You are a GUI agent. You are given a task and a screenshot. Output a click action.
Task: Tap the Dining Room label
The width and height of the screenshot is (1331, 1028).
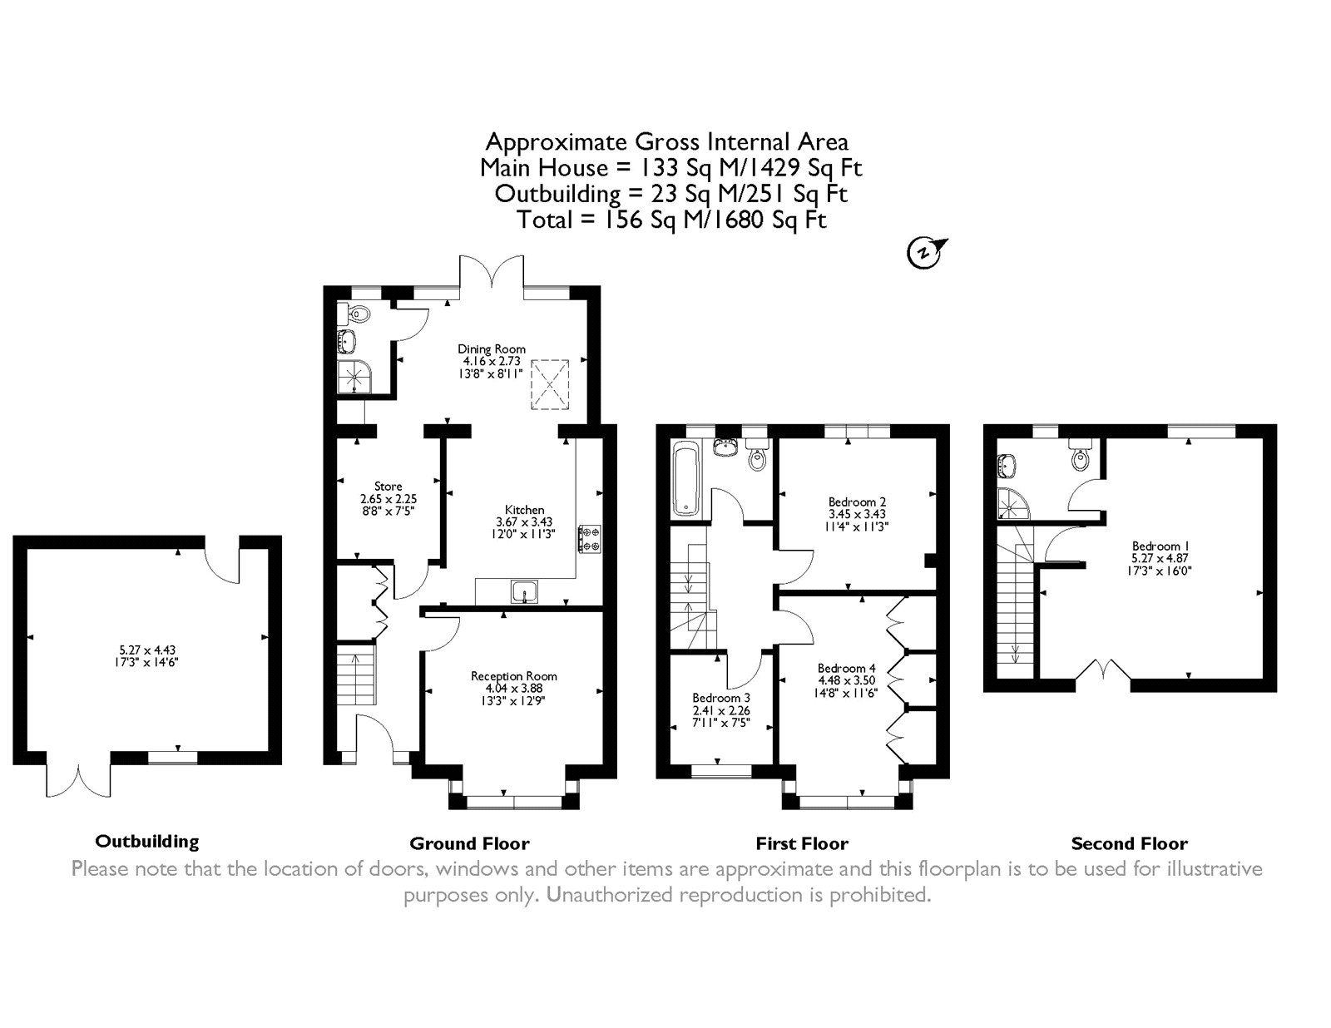click(492, 349)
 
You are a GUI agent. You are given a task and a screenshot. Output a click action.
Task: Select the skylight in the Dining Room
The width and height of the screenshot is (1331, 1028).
click(549, 384)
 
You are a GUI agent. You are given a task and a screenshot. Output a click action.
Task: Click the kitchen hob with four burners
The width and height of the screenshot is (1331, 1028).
click(589, 539)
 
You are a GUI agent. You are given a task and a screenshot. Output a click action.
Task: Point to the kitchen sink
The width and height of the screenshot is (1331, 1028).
click(524, 591)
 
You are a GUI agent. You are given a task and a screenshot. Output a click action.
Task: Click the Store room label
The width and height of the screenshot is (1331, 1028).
click(388, 487)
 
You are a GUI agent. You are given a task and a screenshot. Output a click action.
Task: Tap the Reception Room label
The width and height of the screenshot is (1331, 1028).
click(514, 676)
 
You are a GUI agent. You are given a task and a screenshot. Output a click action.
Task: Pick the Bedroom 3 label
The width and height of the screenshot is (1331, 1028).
click(721, 697)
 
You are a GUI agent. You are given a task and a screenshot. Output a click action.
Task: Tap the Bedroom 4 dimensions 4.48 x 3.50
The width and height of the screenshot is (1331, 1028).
click(847, 680)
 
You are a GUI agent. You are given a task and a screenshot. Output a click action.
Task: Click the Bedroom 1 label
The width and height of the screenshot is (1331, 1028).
click(1155, 546)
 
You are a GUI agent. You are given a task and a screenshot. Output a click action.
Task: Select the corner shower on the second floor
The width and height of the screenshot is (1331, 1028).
click(1013, 503)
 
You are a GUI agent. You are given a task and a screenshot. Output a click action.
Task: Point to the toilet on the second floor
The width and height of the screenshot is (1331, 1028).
click(1080, 455)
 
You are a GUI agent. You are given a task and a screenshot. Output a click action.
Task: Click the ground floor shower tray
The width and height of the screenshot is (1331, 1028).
click(354, 376)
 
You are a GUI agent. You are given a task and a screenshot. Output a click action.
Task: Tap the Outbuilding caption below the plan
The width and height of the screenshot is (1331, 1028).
click(147, 842)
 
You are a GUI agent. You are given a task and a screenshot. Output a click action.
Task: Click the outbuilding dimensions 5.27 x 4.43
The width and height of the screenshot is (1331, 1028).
click(147, 650)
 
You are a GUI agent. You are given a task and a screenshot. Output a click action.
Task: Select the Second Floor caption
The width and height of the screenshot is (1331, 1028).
click(1129, 843)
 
